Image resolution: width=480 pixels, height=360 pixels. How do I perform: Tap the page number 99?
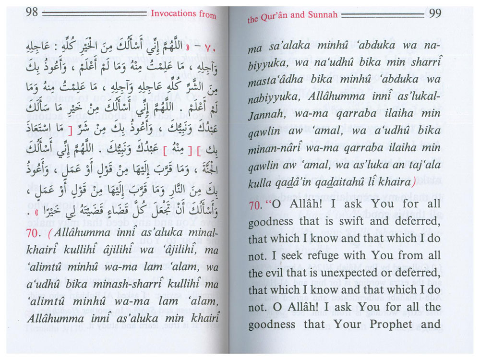[x=435, y=13]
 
